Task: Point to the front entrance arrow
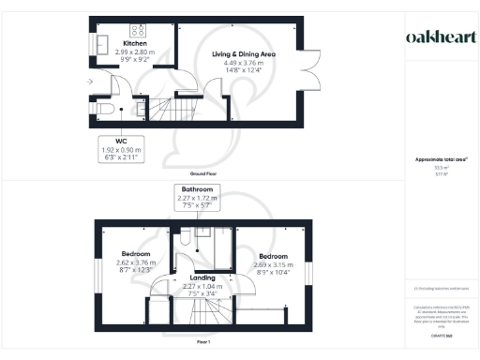pos(89,82)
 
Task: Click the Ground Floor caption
pos(204,174)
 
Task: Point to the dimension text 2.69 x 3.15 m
pos(274,264)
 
